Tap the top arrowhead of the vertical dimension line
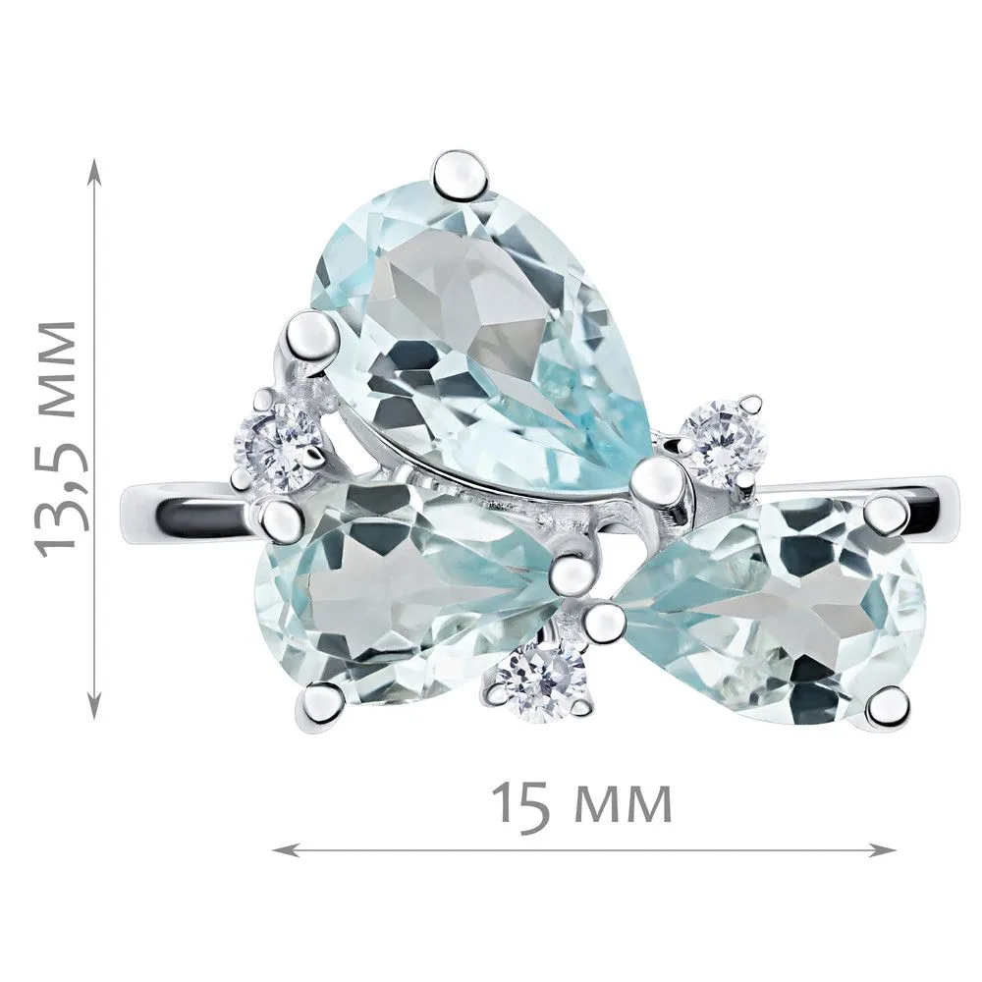coord(94,168)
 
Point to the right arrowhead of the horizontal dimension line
coord(883,849)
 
